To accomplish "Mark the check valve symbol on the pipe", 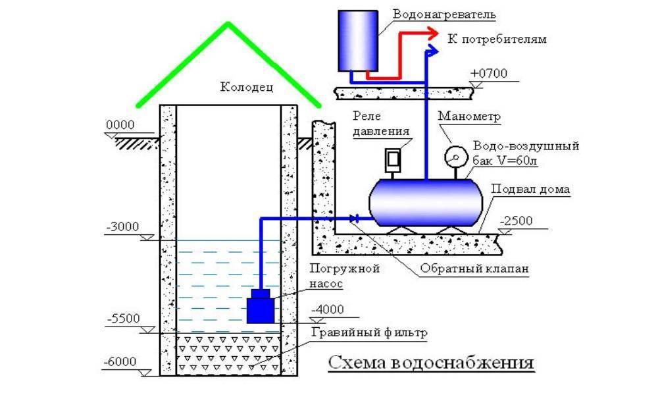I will click(x=355, y=218).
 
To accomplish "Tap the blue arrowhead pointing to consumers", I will click(x=432, y=50).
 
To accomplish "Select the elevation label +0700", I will click(x=490, y=73).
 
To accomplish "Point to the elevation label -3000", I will click(x=122, y=227).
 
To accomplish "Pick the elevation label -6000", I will click(x=121, y=361).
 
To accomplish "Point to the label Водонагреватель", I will click(x=442, y=14).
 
